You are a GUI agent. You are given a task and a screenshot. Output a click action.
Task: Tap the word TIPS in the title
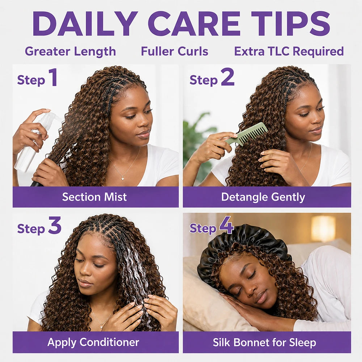(x=290, y=23)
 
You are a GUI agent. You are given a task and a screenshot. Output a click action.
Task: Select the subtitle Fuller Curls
(x=174, y=51)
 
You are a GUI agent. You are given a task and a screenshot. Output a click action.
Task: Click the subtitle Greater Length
(x=70, y=52)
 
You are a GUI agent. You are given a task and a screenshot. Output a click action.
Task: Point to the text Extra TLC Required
(x=289, y=51)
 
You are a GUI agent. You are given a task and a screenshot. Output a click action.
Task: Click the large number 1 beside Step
(x=53, y=77)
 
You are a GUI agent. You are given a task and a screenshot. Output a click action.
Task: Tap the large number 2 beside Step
(x=227, y=77)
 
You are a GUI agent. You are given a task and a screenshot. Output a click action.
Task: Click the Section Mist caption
(x=94, y=197)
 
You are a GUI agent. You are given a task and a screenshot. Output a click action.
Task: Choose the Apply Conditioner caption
(x=93, y=342)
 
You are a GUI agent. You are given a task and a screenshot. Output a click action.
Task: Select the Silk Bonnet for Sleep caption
(x=264, y=342)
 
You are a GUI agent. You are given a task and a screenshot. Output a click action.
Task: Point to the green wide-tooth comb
(x=246, y=135)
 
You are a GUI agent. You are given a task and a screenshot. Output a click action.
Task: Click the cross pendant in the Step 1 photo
(x=123, y=177)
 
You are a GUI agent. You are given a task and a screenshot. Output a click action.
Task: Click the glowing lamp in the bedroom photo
(x=323, y=228)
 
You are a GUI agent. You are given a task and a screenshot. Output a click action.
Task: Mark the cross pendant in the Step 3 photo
(x=101, y=326)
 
